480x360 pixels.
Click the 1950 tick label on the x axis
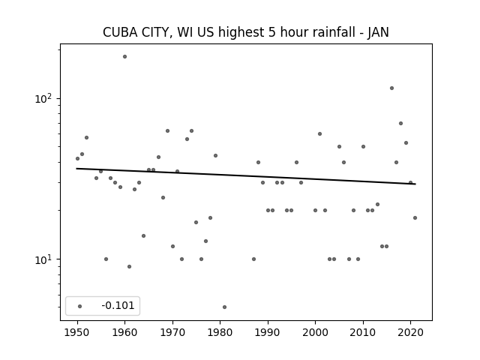point(77,332)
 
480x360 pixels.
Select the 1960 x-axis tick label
point(125,332)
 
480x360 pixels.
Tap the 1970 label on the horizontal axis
point(172,332)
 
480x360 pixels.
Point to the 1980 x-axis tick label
point(220,332)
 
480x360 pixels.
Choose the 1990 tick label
point(268,332)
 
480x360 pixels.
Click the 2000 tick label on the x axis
point(315,332)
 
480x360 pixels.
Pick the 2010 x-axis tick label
point(363,332)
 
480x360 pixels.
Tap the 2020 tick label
point(410,332)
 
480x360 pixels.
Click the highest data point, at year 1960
point(125,57)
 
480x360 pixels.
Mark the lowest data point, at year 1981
point(225,307)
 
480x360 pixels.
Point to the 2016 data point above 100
point(391,88)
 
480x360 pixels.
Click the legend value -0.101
point(118,305)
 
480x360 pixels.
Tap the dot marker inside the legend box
point(80,306)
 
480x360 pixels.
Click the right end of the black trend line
point(415,184)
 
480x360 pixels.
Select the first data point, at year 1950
point(77,158)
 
